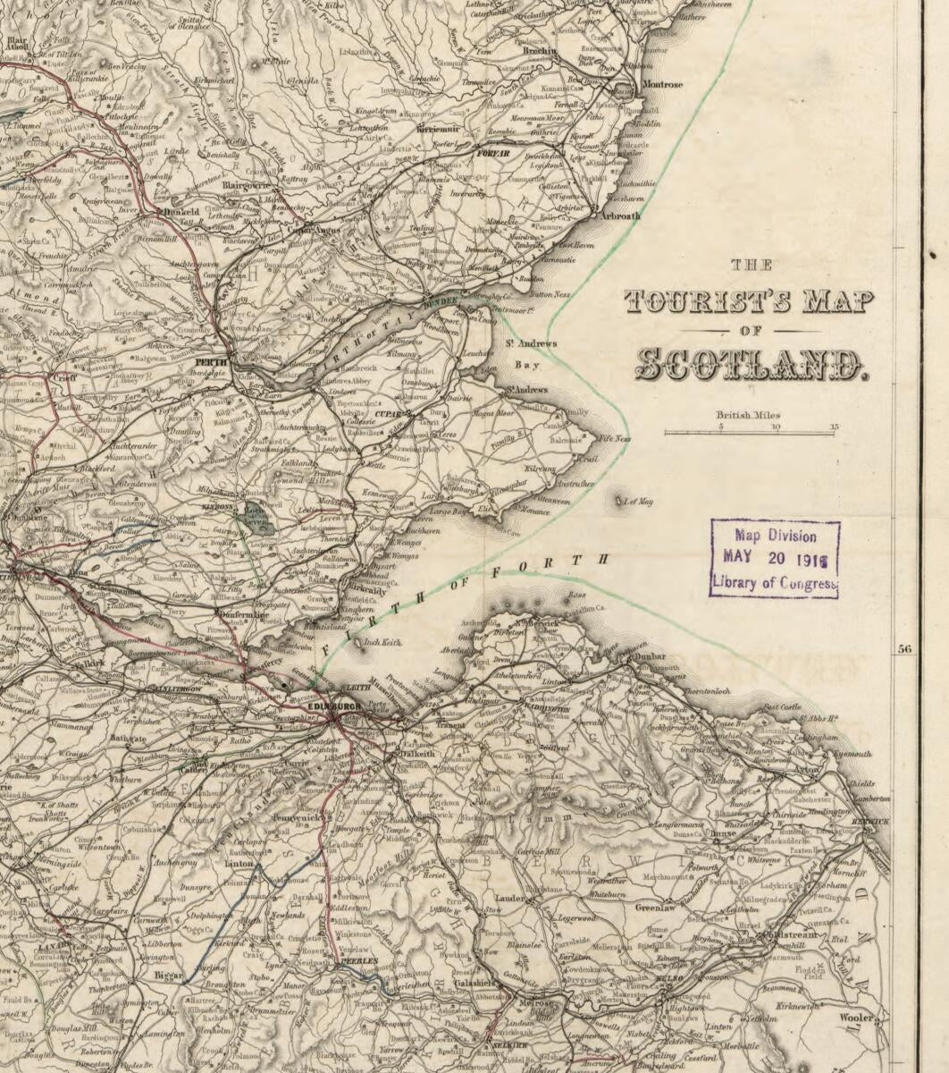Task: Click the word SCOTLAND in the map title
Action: [750, 363]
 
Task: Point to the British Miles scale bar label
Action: [748, 415]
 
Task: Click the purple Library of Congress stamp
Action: [775, 559]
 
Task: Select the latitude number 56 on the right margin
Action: [904, 649]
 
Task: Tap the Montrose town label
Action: [662, 85]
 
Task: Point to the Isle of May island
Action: [620, 501]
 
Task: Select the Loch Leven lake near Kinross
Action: [260, 521]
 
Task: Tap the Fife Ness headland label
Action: [615, 439]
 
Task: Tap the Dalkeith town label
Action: [412, 754]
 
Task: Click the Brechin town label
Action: [540, 52]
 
